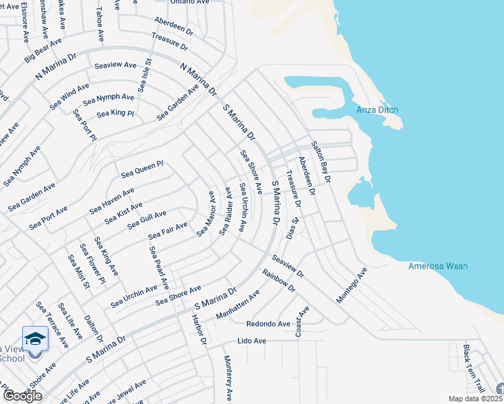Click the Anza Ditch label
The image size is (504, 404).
click(377, 110)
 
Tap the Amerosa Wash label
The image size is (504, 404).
click(437, 266)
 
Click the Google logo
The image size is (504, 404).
click(22, 396)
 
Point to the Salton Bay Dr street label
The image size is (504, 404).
click(321, 162)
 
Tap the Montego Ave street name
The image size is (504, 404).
click(352, 284)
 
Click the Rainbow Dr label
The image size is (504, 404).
click(279, 279)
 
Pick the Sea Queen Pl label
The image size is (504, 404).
click(142, 169)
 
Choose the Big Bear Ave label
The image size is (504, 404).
click(42, 51)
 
